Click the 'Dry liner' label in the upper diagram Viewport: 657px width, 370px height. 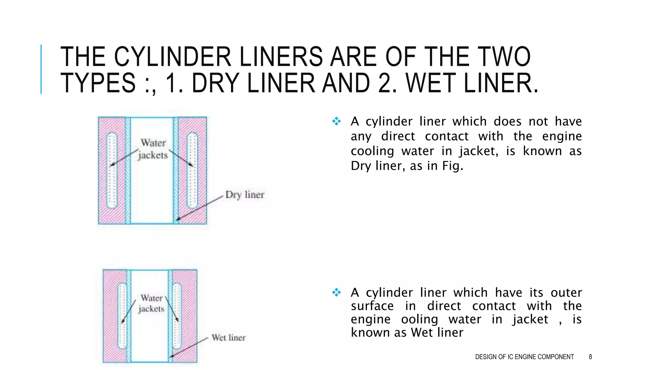(245, 195)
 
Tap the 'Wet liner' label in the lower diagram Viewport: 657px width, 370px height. (228, 338)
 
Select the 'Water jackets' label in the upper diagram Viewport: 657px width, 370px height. (153, 149)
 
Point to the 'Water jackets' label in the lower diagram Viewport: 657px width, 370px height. (151, 303)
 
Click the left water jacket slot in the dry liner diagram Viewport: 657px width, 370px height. (112, 170)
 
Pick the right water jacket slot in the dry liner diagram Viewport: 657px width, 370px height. (192, 170)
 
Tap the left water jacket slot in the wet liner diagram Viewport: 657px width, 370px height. (122, 316)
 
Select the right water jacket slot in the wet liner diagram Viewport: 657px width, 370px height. (177, 316)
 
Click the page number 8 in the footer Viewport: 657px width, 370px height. (590, 357)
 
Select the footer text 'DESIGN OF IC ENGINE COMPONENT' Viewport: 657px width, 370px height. (524, 357)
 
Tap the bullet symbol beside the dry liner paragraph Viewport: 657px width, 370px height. (337, 121)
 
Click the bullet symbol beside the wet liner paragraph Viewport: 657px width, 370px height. (337, 292)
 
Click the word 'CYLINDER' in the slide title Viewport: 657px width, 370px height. (173, 57)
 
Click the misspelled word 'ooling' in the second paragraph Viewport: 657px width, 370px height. (419, 319)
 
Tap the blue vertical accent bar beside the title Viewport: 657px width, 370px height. (41, 69)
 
